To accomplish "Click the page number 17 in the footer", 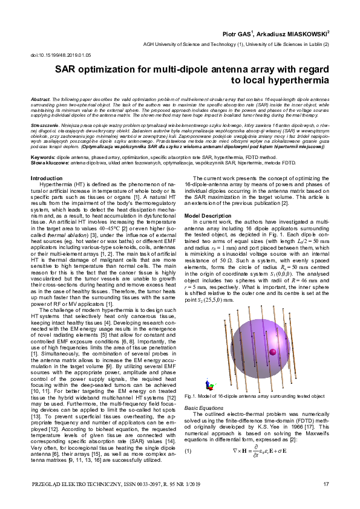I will pos(326,484).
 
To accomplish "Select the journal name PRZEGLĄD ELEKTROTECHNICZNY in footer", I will pos(77,484).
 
